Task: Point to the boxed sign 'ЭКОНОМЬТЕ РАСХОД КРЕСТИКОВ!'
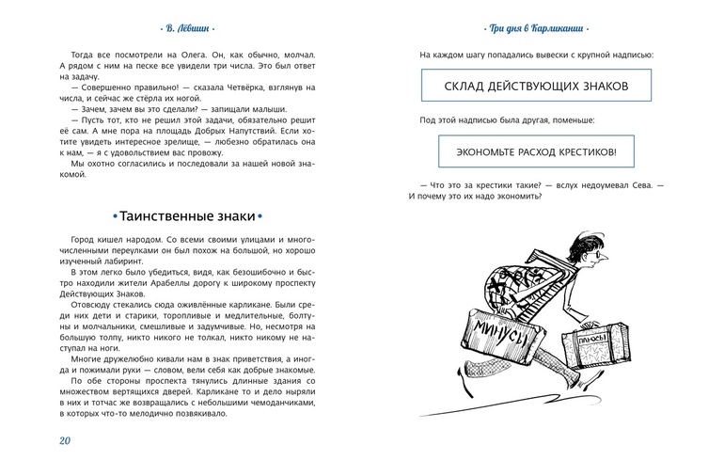(x=535, y=151)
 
